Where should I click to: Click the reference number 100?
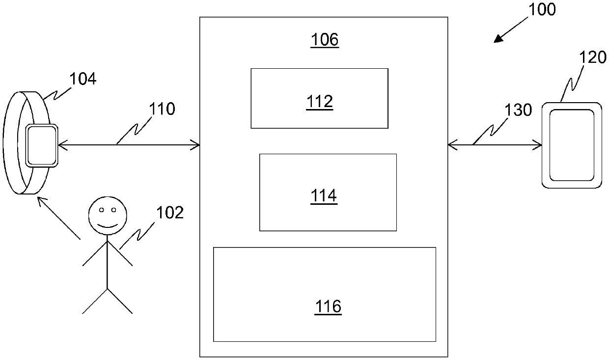(x=542, y=9)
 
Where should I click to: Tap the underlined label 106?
(x=325, y=40)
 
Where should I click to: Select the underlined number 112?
(x=319, y=102)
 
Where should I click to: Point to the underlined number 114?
(x=324, y=196)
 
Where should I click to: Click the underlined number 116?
(x=328, y=306)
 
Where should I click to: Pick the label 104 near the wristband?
(x=83, y=79)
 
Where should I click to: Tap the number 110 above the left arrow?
(x=162, y=109)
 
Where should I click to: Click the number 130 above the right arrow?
(x=518, y=110)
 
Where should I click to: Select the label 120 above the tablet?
(x=593, y=57)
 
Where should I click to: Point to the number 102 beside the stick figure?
(x=170, y=213)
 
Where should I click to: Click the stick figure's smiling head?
(x=108, y=215)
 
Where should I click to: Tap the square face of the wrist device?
(x=42, y=145)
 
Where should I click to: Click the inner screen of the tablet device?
(x=572, y=145)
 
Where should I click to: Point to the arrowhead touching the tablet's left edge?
(x=537, y=145)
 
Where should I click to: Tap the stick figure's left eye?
(x=101, y=210)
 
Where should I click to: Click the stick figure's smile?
(x=108, y=226)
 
